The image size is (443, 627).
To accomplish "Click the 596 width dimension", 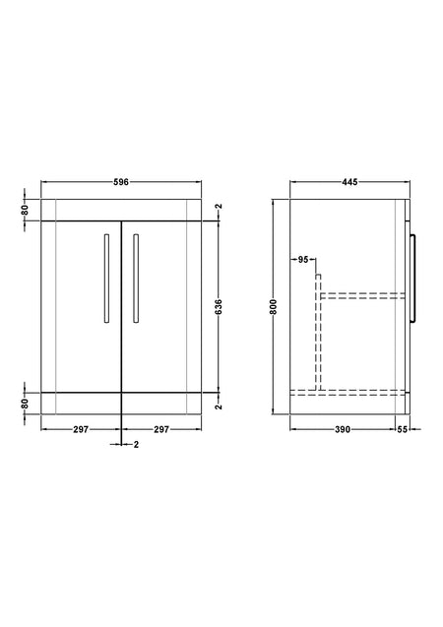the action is pyautogui.click(x=121, y=182).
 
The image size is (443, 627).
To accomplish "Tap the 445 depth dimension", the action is pyautogui.click(x=349, y=182).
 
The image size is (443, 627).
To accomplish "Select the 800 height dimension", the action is pyautogui.click(x=274, y=306).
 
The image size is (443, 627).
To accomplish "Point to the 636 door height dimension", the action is pyautogui.click(x=219, y=306).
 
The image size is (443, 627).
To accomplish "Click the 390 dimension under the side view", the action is pyautogui.click(x=343, y=429).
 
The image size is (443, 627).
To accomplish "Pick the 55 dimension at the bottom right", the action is pyautogui.click(x=403, y=429).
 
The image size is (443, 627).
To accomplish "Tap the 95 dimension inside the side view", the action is pyautogui.click(x=303, y=260).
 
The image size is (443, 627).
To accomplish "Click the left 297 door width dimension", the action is pyautogui.click(x=81, y=429).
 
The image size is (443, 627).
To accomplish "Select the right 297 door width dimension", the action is pyautogui.click(x=161, y=429).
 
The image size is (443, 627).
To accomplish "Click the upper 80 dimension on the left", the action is pyautogui.click(x=25, y=210).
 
